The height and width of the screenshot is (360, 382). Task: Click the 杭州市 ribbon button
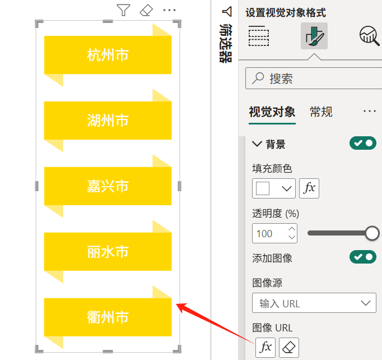(108, 55)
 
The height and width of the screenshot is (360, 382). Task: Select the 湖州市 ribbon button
(108, 121)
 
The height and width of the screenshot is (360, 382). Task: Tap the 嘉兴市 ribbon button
(108, 186)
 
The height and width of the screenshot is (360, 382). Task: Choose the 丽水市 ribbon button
(108, 252)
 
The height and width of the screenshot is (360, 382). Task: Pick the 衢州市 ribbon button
(108, 317)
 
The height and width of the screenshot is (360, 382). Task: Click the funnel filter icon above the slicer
(124, 10)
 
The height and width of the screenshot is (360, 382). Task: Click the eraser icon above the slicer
(146, 10)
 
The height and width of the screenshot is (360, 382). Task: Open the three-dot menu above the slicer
(169, 10)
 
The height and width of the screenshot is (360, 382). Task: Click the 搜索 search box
(314, 79)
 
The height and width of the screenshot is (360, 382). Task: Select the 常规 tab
(321, 112)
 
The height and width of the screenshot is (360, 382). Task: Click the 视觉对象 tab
(272, 112)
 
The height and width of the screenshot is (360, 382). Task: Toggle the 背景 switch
(363, 143)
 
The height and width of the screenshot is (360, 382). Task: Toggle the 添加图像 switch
(363, 257)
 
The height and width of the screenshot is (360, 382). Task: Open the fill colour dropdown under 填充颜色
(274, 188)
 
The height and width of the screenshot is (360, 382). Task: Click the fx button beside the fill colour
(309, 188)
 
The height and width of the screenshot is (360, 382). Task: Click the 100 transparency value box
(274, 233)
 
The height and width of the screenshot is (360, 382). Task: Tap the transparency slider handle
(372, 233)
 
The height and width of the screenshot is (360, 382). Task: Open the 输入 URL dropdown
(314, 303)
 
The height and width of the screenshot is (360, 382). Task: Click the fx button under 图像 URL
(265, 348)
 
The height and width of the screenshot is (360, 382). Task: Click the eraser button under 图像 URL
(289, 348)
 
